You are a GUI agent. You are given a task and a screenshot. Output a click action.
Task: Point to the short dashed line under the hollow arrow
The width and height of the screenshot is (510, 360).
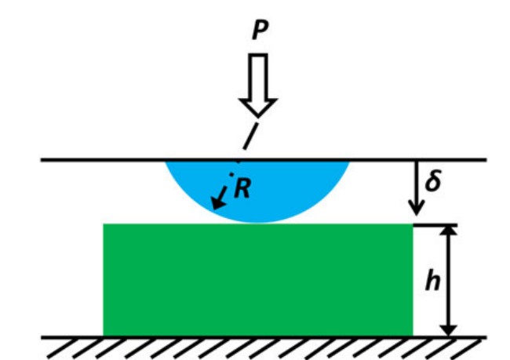tap(249, 136)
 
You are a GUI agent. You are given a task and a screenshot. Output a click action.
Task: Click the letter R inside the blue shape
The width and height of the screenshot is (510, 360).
tap(242, 189)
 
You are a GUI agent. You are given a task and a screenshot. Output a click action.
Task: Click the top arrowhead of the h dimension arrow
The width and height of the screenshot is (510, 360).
tap(448, 232)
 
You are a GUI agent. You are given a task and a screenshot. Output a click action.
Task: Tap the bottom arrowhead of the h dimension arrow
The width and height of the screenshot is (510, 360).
tap(448, 329)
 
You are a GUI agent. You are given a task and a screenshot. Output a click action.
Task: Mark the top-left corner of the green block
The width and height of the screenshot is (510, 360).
tap(104, 225)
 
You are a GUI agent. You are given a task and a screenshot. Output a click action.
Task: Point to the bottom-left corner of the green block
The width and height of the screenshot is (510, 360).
tap(104, 335)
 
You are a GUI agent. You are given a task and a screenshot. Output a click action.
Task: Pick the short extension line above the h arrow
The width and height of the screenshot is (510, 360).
tap(435, 224)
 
